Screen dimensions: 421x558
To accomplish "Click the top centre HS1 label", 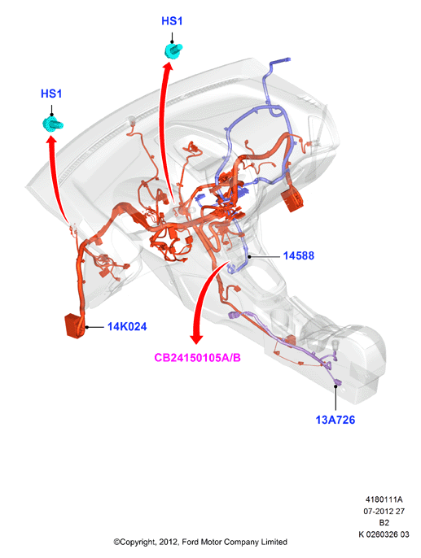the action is point(172,21).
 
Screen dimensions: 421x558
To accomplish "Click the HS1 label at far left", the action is point(51,94).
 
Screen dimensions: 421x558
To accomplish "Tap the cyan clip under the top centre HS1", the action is point(173,50).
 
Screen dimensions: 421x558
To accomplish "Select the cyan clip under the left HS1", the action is point(53,124).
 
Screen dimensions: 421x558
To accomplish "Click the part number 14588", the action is point(299,255).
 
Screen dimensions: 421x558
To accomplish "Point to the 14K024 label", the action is point(127,326).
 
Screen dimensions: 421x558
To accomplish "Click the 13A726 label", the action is point(335,420).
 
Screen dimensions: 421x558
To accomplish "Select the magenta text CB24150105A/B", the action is point(197,357).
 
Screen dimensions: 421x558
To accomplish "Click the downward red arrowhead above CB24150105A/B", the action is point(196,338).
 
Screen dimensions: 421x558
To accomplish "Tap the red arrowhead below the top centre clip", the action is point(168,66).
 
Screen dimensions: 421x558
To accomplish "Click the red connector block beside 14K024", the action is point(75,325).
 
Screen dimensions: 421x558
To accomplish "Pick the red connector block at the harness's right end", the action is point(292,201).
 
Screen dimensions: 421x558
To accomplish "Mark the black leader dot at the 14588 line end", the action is point(250,256).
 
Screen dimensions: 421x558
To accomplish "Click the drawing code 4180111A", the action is point(384,499).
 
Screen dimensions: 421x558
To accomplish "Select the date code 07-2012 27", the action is point(384,511).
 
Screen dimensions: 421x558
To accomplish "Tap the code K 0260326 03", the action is point(384,534).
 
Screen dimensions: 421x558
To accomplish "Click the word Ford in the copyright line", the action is point(191,542).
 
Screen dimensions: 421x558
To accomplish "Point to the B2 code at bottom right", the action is point(384,523).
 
